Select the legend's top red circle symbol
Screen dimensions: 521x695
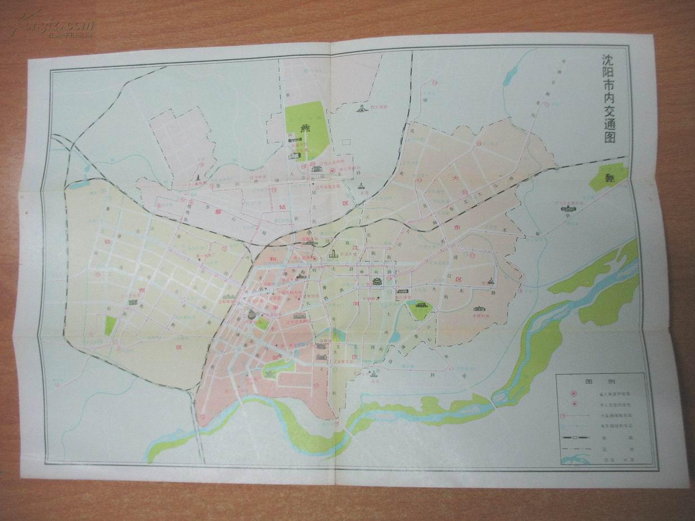(573, 393)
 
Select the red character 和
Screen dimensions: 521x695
(272, 260)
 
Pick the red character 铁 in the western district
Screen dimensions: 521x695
(106, 241)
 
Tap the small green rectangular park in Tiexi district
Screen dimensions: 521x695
(111, 325)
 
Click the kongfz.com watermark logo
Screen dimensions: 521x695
(56, 25)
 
